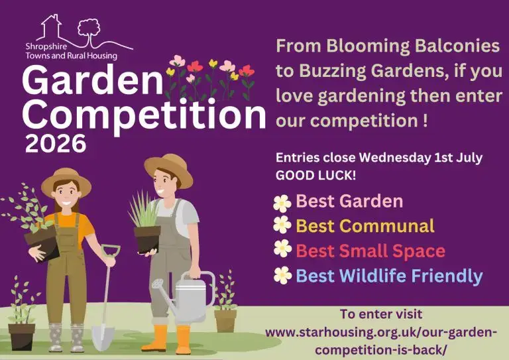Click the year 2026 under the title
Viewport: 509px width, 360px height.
click(56, 143)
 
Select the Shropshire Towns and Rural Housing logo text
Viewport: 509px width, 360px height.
click(71, 52)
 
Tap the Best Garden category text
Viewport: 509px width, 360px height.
click(349, 201)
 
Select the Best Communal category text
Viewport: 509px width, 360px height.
click(365, 225)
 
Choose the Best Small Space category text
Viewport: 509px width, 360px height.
click(370, 251)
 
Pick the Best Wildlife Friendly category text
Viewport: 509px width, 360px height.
click(389, 275)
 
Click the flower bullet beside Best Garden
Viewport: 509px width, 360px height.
click(282, 202)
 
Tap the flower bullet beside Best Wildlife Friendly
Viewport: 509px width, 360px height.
click(282, 275)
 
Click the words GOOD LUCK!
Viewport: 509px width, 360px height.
click(308, 176)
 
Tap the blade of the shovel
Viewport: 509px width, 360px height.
click(103, 335)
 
